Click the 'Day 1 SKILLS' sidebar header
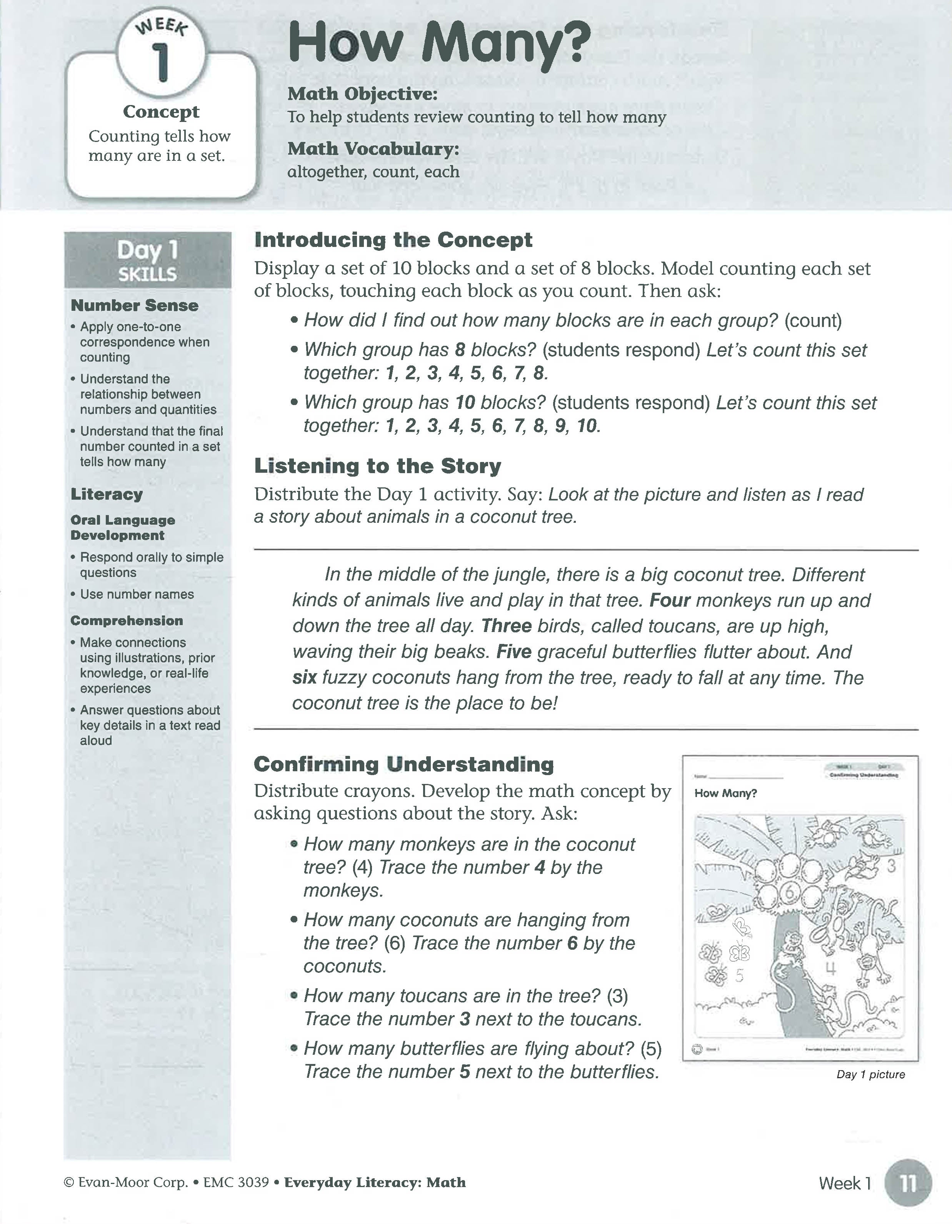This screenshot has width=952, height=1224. [147, 260]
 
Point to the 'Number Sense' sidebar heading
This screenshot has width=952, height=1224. [135, 305]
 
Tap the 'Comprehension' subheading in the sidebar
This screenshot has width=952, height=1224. [127, 620]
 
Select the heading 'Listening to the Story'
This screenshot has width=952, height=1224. [378, 466]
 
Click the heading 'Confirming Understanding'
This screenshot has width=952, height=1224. [403, 764]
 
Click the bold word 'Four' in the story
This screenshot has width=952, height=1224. [670, 600]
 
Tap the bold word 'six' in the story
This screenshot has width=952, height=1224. [304, 677]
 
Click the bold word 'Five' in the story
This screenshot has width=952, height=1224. [514, 652]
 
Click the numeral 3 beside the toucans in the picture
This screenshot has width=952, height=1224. [891, 866]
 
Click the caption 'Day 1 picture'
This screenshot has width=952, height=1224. [870, 1074]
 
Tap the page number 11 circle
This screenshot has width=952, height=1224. [908, 1184]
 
